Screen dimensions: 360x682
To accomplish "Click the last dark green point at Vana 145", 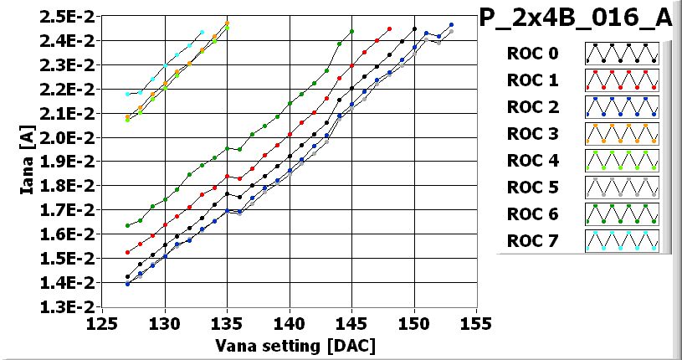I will point(351,31).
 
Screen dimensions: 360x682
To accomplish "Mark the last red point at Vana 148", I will point(389,28).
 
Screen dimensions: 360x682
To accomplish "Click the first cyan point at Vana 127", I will point(127,94).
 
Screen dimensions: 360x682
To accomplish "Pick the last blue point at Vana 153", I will point(451,25).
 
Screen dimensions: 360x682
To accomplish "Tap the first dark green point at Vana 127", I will point(127,225).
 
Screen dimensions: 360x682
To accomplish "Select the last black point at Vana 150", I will point(414,28).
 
